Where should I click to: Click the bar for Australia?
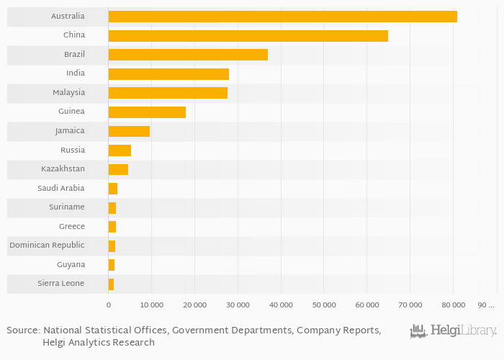click(282, 17)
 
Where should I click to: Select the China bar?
click(248, 35)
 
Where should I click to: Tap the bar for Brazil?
click(188, 55)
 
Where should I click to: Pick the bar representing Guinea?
click(147, 112)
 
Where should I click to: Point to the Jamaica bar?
click(129, 131)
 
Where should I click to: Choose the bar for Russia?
click(120, 150)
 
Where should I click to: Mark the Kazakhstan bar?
click(118, 169)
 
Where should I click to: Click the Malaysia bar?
click(168, 93)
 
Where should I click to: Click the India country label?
click(75, 73)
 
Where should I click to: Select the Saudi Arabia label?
click(61, 189)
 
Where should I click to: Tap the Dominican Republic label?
click(47, 246)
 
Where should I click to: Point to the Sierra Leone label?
click(61, 284)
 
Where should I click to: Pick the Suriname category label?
click(66, 207)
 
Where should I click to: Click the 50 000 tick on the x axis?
click(323, 305)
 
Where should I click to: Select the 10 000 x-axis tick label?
click(151, 305)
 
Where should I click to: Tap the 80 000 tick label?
click(453, 305)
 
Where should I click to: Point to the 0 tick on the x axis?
click(109, 305)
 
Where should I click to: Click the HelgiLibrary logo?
click(453, 331)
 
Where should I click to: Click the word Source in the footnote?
click(22, 330)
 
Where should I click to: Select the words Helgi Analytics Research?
click(99, 343)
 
